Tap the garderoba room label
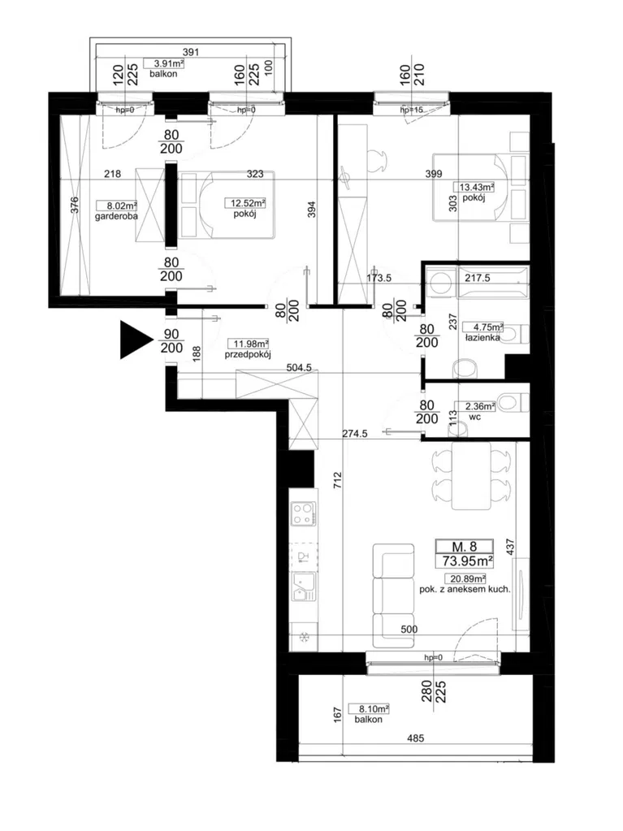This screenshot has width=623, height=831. click(116, 217)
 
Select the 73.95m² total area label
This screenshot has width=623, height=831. click(465, 560)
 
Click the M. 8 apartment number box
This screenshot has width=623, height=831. click(465, 547)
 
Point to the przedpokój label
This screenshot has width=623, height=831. click(248, 354)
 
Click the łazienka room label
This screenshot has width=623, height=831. click(482, 338)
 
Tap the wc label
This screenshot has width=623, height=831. click(475, 417)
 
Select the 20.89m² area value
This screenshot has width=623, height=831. click(465, 579)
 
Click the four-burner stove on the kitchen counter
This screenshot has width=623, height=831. click(304, 513)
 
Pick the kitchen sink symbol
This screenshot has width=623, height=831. click(304, 586)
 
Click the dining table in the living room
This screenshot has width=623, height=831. click(471, 475)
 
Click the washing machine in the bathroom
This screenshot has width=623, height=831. click(441, 281)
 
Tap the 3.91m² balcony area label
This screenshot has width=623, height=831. click(164, 63)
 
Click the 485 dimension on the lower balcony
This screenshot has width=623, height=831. click(416, 738)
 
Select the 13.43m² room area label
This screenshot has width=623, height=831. click(474, 187)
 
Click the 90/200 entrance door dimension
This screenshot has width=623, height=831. click(171, 341)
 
